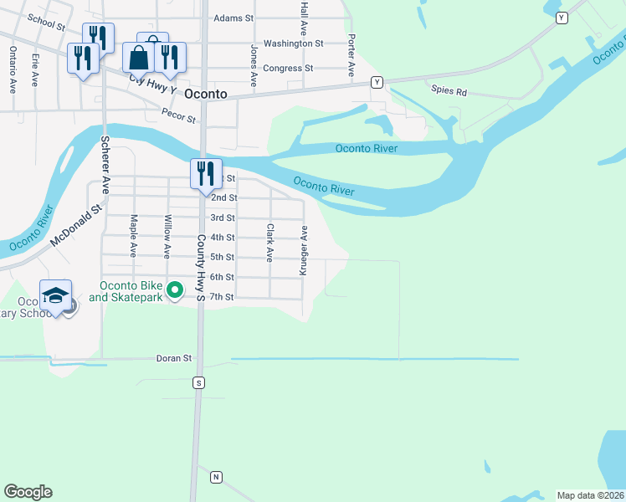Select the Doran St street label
pos(174,358)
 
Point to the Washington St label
pos(293,43)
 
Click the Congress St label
pos(287,68)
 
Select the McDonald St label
pos(74,226)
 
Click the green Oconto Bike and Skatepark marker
pos(174,290)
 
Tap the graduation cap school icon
pos(55,295)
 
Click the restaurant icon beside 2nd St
pos(206,173)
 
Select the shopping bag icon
pos(138,58)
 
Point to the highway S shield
pos(198,382)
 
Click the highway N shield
pos(216,477)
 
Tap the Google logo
pos(28,492)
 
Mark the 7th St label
pos(222,297)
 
